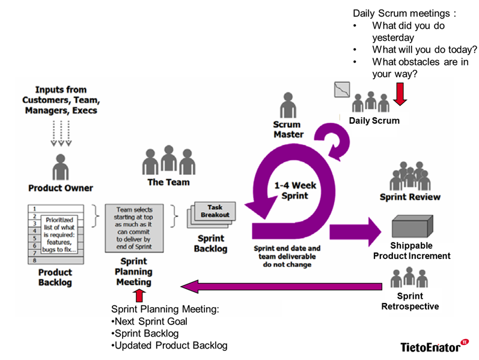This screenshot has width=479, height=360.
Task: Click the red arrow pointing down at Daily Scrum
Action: pyautogui.click(x=399, y=94)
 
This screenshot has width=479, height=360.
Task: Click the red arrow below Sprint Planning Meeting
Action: pyautogui.click(x=139, y=294)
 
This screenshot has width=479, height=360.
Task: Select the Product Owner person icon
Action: pyautogui.click(x=61, y=166)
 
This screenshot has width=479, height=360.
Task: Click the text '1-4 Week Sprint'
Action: pyautogui.click(x=294, y=191)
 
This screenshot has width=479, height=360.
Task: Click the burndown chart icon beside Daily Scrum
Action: pyautogui.click(x=341, y=89)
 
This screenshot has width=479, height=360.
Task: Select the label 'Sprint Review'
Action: pyautogui.click(x=410, y=197)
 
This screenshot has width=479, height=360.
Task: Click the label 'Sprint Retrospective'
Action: pyautogui.click(x=410, y=301)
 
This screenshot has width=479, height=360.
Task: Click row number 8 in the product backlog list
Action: pyautogui.click(x=35, y=260)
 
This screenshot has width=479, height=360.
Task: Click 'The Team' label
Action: pyautogui.click(x=168, y=182)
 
